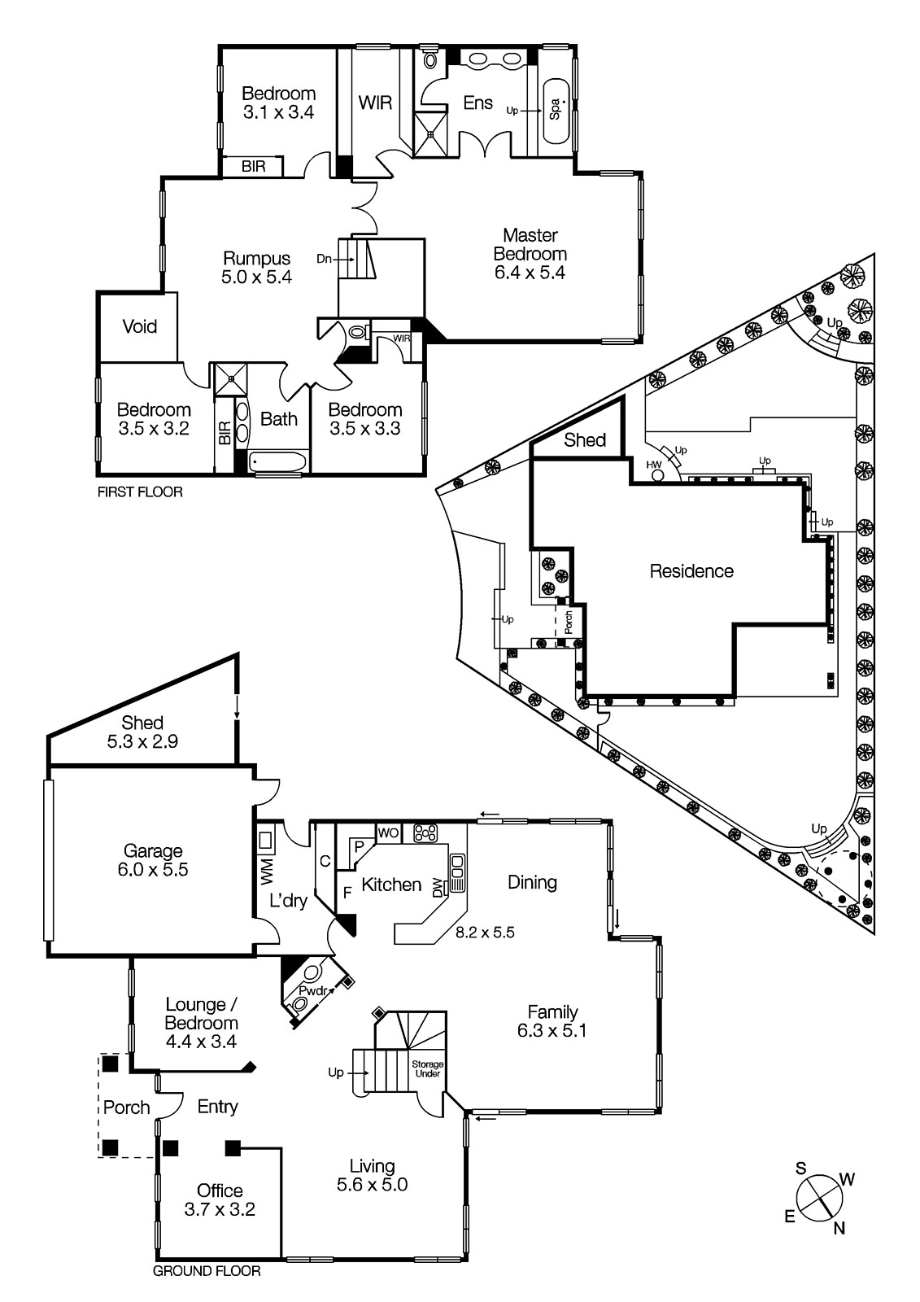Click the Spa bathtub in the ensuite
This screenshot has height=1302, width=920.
point(556,111)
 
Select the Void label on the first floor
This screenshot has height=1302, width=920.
point(140,326)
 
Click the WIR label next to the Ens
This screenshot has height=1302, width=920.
point(375,103)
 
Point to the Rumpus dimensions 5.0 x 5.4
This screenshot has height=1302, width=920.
point(256,277)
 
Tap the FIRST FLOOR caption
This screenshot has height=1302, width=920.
point(140,492)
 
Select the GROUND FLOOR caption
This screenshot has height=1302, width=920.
point(207,1270)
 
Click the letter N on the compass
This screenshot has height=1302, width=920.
point(839,1229)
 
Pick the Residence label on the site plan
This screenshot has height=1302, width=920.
point(691,571)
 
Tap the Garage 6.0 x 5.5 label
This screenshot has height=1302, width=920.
point(152,860)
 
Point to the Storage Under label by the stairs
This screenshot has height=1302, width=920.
point(427,1068)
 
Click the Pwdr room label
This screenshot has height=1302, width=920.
point(312,991)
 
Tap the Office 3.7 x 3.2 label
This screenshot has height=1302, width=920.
point(220,1200)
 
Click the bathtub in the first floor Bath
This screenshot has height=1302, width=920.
point(277,462)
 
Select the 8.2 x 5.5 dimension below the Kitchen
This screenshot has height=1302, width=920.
point(485,933)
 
